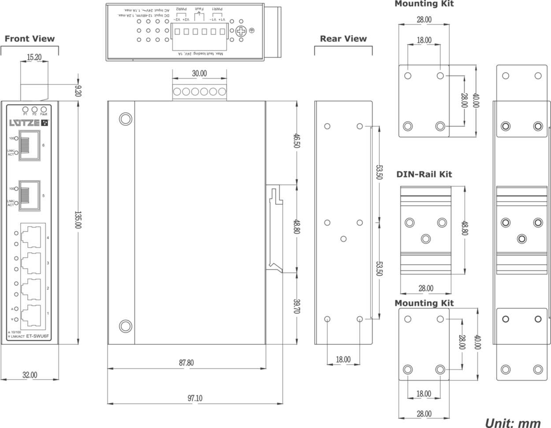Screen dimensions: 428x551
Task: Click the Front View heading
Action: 30,39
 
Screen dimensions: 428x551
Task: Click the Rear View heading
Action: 343,39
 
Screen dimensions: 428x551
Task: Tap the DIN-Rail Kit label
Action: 424,174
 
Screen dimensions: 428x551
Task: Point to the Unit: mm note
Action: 513,423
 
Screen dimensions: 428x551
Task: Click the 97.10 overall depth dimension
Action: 195,398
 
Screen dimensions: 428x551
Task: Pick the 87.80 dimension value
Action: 186,363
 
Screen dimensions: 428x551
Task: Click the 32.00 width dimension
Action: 30,375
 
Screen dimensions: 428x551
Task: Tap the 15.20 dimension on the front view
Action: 34,57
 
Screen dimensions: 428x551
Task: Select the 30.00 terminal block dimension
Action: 199,74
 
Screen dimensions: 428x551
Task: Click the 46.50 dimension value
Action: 297,141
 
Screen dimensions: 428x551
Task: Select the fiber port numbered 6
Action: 29,146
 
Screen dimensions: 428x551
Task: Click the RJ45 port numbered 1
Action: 31,314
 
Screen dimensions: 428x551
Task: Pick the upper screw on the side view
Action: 125,119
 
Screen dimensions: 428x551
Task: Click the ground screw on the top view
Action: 241,31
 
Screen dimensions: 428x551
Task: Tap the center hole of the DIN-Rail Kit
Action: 425,239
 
